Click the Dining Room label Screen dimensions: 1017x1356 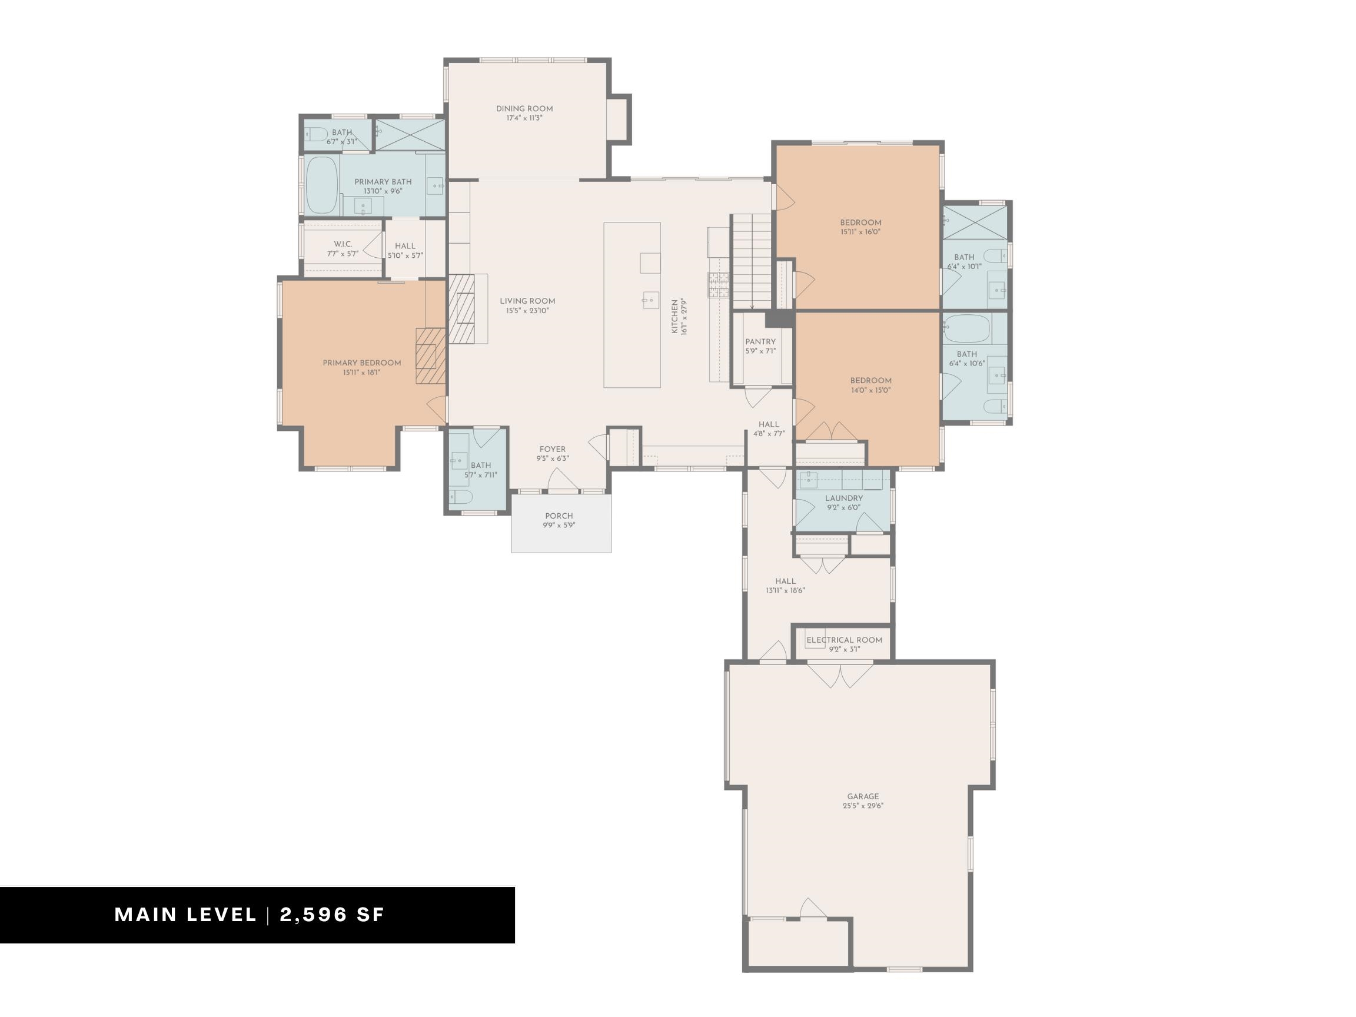click(524, 108)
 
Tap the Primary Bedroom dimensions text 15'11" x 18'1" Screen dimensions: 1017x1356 click(362, 372)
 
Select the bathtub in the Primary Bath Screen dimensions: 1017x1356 click(322, 185)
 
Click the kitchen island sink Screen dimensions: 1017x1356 click(650, 300)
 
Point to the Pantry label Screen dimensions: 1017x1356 click(760, 341)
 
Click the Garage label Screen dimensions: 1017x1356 click(863, 796)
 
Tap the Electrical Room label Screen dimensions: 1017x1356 click(844, 640)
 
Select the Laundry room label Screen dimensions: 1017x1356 click(843, 498)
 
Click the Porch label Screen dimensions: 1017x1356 click(559, 516)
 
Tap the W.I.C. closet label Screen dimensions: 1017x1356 click(343, 244)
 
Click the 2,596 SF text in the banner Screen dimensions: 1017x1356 click(332, 915)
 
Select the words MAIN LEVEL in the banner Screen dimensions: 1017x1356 click(186, 915)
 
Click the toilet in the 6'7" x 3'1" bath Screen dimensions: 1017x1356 click(316, 134)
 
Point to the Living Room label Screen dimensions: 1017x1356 click(527, 300)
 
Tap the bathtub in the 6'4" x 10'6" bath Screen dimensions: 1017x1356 click(967, 329)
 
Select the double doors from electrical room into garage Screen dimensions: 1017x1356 click(840, 674)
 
